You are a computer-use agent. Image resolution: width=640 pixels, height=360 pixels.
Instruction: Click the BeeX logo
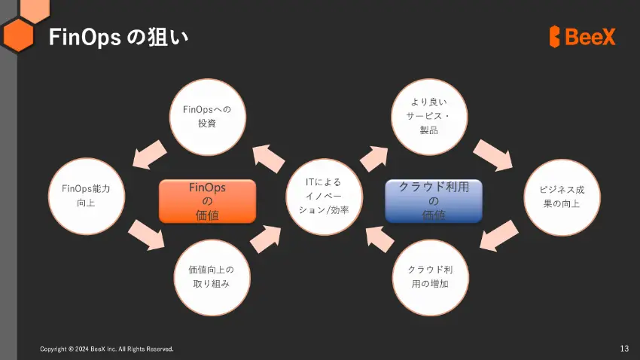(582, 37)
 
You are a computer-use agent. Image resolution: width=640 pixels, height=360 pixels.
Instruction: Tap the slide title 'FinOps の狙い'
(118, 37)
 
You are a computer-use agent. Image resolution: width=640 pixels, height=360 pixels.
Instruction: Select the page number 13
(624, 349)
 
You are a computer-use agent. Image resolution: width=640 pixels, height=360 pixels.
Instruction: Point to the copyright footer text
(106, 349)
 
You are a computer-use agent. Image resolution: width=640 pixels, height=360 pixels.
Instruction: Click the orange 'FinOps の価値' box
(207, 201)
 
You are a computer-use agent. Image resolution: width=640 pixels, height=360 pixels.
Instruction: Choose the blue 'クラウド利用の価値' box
(434, 201)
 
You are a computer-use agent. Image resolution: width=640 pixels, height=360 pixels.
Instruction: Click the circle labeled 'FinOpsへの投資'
(207, 117)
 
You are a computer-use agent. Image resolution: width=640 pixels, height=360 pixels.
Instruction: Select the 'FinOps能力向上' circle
(87, 197)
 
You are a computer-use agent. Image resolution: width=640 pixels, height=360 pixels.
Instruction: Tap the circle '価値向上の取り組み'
(212, 278)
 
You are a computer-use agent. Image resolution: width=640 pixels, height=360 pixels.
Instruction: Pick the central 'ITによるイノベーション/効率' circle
(324, 197)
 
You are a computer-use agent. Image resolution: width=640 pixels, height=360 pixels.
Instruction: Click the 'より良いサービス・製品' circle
(429, 117)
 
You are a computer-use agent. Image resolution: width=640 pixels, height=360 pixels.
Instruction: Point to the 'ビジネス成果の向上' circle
(562, 197)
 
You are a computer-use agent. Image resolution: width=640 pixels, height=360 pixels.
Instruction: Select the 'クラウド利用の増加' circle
(430, 278)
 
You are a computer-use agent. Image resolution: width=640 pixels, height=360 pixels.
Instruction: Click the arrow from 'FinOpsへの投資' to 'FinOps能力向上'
(149, 154)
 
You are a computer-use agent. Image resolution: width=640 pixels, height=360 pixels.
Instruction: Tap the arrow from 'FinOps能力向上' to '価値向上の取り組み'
(147, 235)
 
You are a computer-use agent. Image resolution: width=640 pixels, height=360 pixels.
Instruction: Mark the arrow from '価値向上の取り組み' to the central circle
(266, 239)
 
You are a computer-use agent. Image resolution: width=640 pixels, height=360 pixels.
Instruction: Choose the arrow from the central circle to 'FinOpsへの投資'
(268, 159)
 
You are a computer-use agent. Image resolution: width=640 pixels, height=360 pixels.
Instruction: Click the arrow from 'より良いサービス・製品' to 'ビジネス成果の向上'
(493, 155)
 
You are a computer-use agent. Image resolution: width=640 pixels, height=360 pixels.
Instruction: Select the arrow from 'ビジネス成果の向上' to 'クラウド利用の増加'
(498, 236)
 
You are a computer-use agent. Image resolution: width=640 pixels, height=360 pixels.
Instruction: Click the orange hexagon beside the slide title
(18, 35)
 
